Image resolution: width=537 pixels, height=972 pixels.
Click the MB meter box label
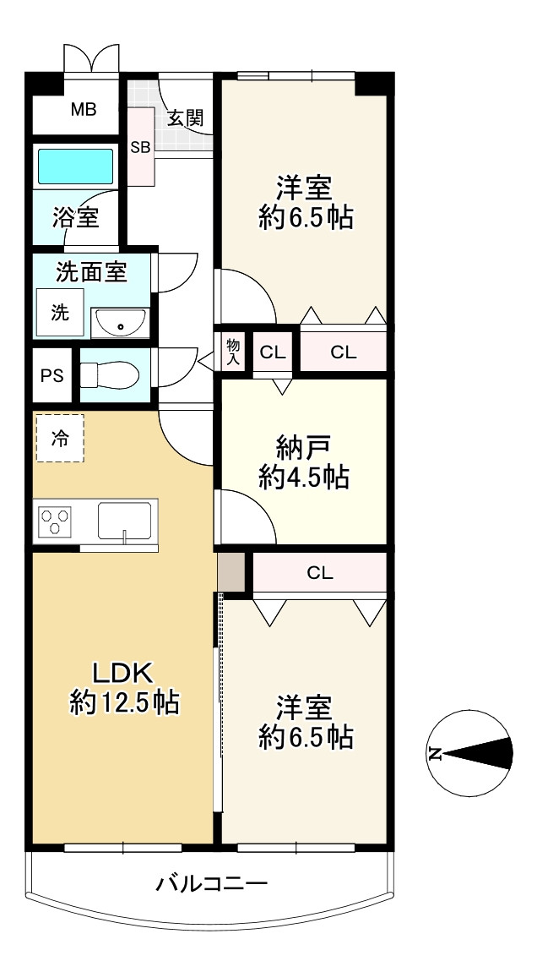click(83, 111)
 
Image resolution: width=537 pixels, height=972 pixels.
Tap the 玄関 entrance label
click(186, 117)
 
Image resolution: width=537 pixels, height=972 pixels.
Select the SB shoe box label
click(140, 148)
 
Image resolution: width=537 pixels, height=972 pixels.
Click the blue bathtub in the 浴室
click(75, 167)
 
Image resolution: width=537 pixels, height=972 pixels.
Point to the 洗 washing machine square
click(59, 313)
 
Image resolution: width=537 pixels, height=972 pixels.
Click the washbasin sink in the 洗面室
click(121, 322)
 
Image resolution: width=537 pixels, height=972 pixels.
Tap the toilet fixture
click(110, 375)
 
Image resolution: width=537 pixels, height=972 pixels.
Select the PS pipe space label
click(52, 376)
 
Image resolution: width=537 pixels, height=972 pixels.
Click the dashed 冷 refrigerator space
click(59, 439)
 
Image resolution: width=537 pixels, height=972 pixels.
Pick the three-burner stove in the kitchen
click(55, 520)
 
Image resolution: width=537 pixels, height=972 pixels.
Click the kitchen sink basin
click(124, 521)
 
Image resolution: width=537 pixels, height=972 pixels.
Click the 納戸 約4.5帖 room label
click(303, 461)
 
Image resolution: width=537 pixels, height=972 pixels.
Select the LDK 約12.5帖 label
click(124, 688)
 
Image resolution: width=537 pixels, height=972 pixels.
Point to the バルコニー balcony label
click(212, 882)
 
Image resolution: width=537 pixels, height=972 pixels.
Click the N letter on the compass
click(436, 754)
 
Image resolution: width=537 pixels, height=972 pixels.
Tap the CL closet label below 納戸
click(320, 573)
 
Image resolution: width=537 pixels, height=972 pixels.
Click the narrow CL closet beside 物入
click(273, 352)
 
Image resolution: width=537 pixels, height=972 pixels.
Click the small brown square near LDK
click(231, 571)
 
